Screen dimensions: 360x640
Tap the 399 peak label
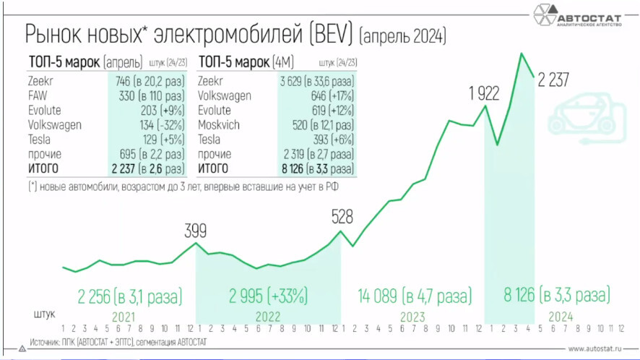coord(195,231)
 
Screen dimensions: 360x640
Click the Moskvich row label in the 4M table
coord(217,125)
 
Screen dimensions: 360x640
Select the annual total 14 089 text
coord(380,296)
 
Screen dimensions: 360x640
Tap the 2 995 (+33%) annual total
coord(268,296)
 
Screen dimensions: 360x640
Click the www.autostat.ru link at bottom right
coord(595,348)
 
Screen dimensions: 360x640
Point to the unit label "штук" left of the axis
coord(43,315)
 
